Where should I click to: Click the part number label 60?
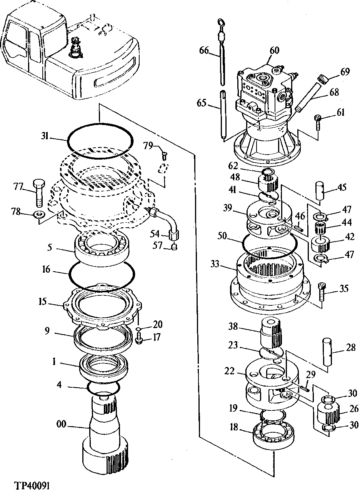[274, 50]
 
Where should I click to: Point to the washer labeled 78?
[39, 214]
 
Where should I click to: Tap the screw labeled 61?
[318, 122]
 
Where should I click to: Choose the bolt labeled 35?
[322, 292]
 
